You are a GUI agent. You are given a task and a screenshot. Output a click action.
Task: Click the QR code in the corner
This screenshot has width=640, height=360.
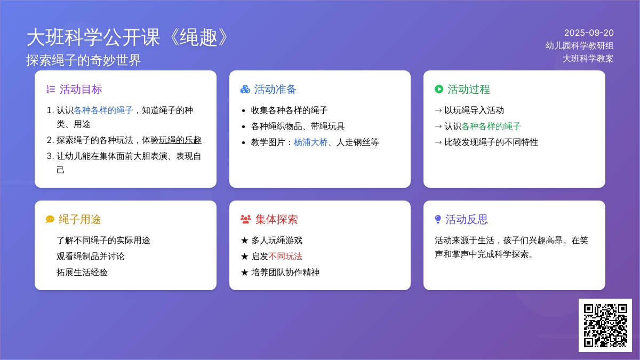pos(605,325)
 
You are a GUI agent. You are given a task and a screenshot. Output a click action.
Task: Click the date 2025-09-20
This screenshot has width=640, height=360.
pos(589,33)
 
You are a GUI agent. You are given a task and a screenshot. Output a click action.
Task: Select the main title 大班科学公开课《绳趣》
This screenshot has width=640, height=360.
pos(127,37)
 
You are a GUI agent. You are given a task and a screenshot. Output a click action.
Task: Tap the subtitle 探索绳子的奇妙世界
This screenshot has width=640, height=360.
pos(83,60)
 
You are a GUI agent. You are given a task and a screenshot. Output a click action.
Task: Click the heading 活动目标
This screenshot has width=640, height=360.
pos(81,90)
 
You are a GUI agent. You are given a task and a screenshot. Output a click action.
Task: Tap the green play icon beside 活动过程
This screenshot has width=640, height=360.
pos(439,89)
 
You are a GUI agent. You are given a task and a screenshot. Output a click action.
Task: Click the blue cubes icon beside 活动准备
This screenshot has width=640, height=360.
pos(245,90)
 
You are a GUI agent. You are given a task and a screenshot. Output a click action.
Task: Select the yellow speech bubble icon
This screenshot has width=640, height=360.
pos(50,219)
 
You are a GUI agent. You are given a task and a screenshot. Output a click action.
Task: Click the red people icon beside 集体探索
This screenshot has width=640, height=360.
pos(246,219)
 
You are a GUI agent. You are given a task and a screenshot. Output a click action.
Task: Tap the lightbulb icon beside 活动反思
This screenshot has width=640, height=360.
pos(438,219)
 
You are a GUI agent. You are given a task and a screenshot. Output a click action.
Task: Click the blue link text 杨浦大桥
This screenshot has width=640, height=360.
pos(310,142)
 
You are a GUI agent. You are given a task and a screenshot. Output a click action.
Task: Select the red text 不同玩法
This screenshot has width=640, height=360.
pos(285,257)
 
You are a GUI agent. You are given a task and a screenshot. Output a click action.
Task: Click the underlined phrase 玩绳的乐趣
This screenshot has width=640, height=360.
pos(180,140)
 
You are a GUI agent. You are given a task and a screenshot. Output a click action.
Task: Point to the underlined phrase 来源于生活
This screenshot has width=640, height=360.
pos(473,241)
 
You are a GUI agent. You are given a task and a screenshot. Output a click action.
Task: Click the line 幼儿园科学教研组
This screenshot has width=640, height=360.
pos(579,46)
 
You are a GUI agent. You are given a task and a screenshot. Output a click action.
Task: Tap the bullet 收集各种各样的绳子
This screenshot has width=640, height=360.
pos(289,110)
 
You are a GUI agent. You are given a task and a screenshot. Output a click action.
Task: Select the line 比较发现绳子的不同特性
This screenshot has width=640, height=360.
pos(491,142)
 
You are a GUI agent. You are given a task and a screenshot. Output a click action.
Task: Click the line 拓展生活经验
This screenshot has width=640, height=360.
pos(82,273)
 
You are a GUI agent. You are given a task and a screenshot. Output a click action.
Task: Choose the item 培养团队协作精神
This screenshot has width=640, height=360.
pos(285,273)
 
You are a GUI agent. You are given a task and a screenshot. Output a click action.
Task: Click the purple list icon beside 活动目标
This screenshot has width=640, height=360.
pos(51,90)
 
